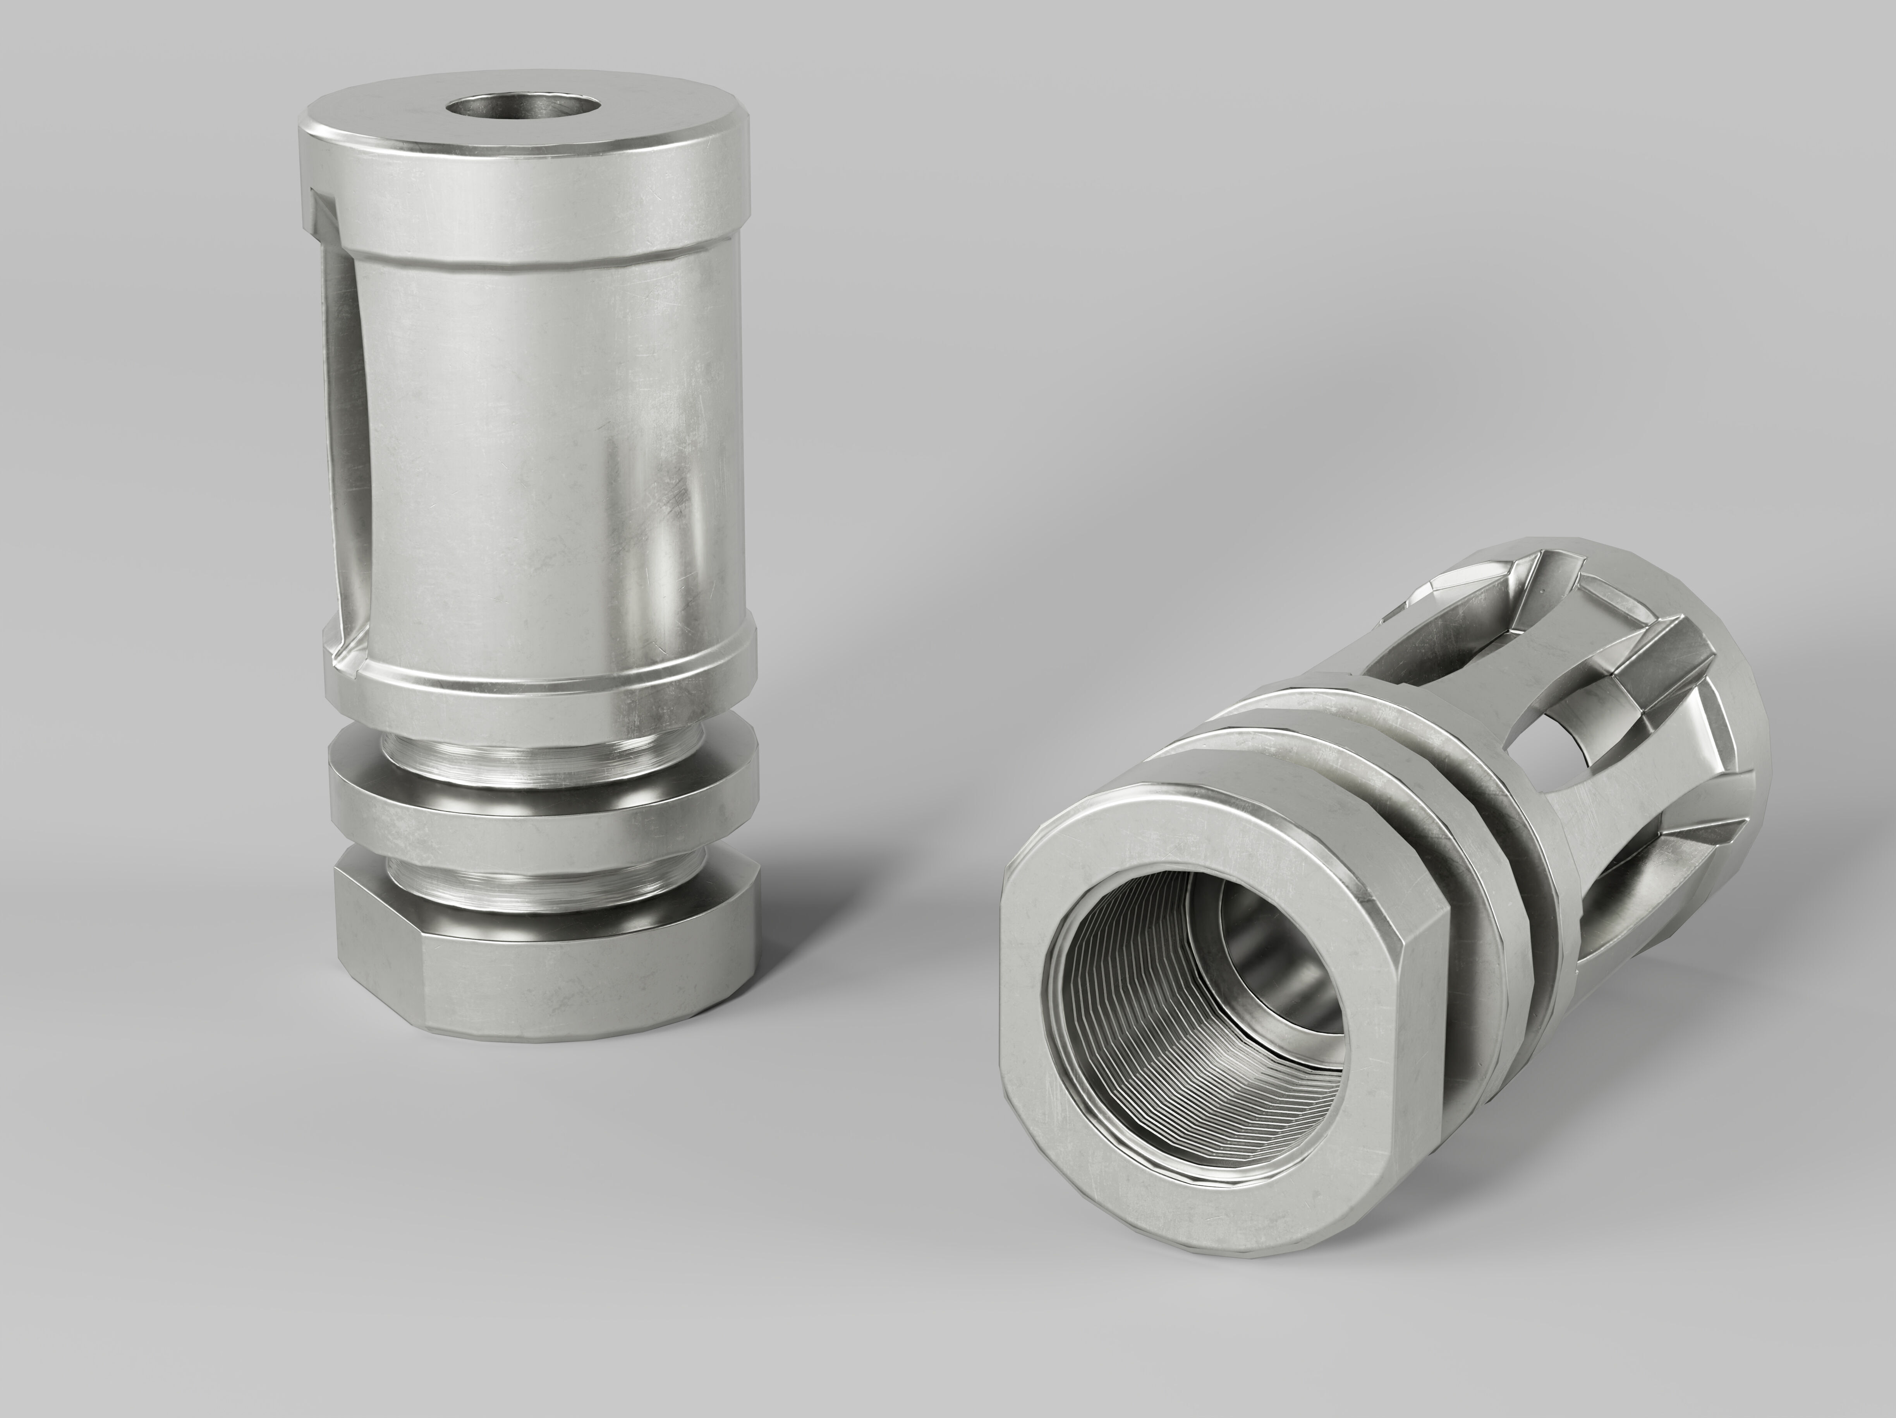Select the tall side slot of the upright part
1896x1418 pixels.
[x=343, y=445]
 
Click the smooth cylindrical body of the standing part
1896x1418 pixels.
[x=549, y=445]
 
